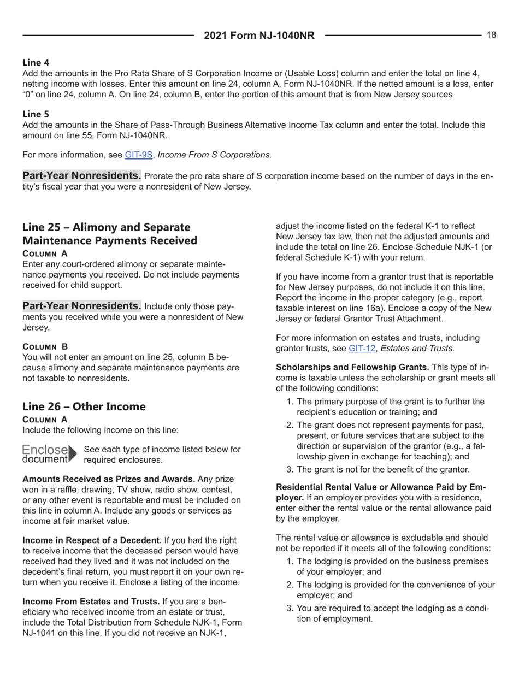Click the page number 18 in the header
[491, 35]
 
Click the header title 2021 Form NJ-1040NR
[259, 36]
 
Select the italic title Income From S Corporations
[213, 154]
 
